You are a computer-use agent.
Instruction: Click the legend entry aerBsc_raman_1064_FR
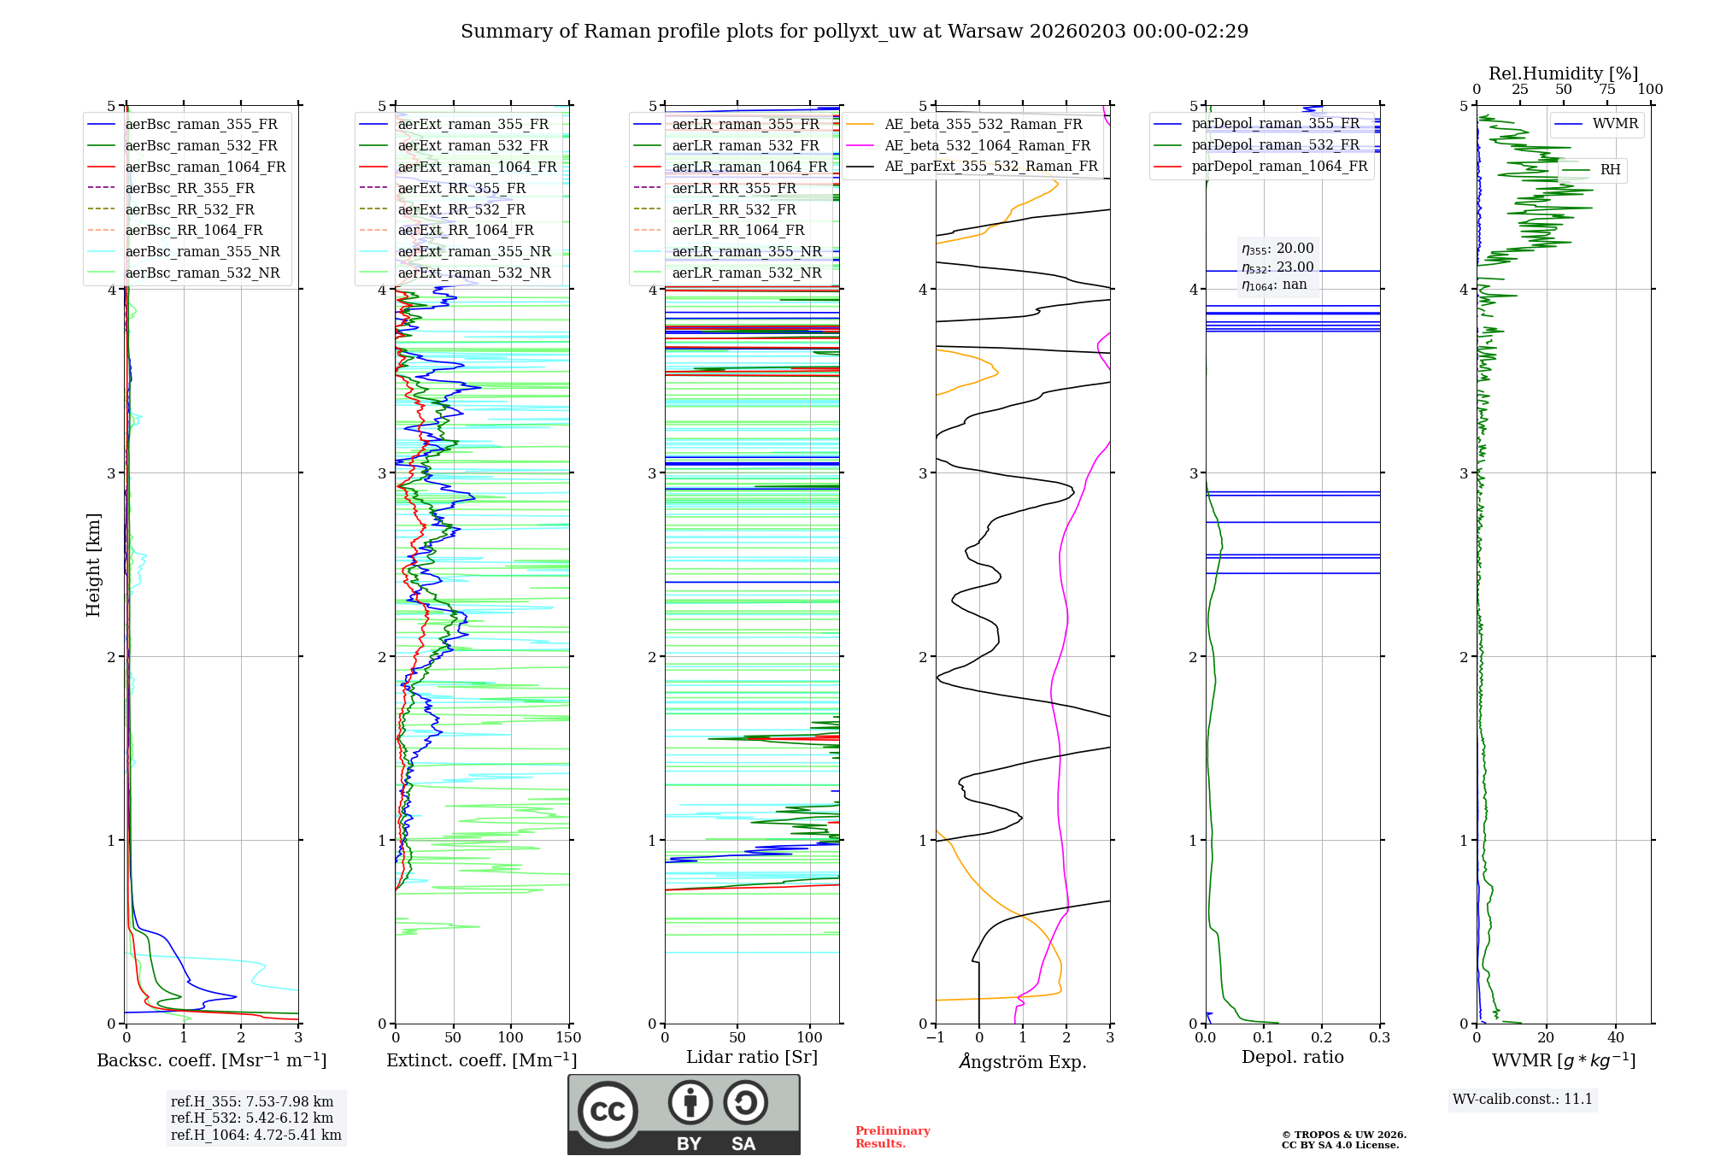205,167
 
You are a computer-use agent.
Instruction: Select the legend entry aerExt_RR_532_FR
461,209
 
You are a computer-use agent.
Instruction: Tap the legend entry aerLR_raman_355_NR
746,251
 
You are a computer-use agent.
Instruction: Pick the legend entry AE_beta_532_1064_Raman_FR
987,145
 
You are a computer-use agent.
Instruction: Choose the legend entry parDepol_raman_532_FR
1275,145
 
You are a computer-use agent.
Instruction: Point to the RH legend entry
1610,170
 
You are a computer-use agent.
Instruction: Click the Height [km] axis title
93,565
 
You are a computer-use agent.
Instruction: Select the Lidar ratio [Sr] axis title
751,1057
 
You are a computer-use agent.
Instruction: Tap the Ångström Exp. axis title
1023,1062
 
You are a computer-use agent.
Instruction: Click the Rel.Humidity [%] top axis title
1563,73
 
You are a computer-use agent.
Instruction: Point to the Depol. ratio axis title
1292,1057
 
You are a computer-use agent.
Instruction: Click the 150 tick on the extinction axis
568,1038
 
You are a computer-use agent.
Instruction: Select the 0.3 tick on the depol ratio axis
1379,1038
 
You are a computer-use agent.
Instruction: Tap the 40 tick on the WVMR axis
1615,1038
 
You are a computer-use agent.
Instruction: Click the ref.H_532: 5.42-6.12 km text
252,1118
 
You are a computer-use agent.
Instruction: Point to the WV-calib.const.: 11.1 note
1523,1099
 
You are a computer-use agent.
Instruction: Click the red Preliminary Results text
892,1137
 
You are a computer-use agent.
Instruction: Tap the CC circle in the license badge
608,1112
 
